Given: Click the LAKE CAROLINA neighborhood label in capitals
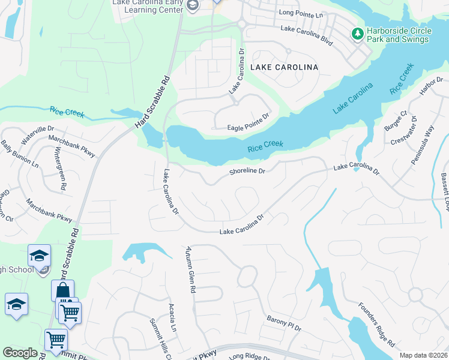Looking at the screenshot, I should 285,67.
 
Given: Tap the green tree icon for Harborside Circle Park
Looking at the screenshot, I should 358,34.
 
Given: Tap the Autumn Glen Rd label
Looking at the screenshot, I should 190,269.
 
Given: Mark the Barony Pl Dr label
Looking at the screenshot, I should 283,325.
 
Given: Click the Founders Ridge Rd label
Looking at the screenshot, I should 377,325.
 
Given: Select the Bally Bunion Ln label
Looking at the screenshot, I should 20,154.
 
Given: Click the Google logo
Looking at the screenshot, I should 20,353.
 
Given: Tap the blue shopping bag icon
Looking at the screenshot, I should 62,291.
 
